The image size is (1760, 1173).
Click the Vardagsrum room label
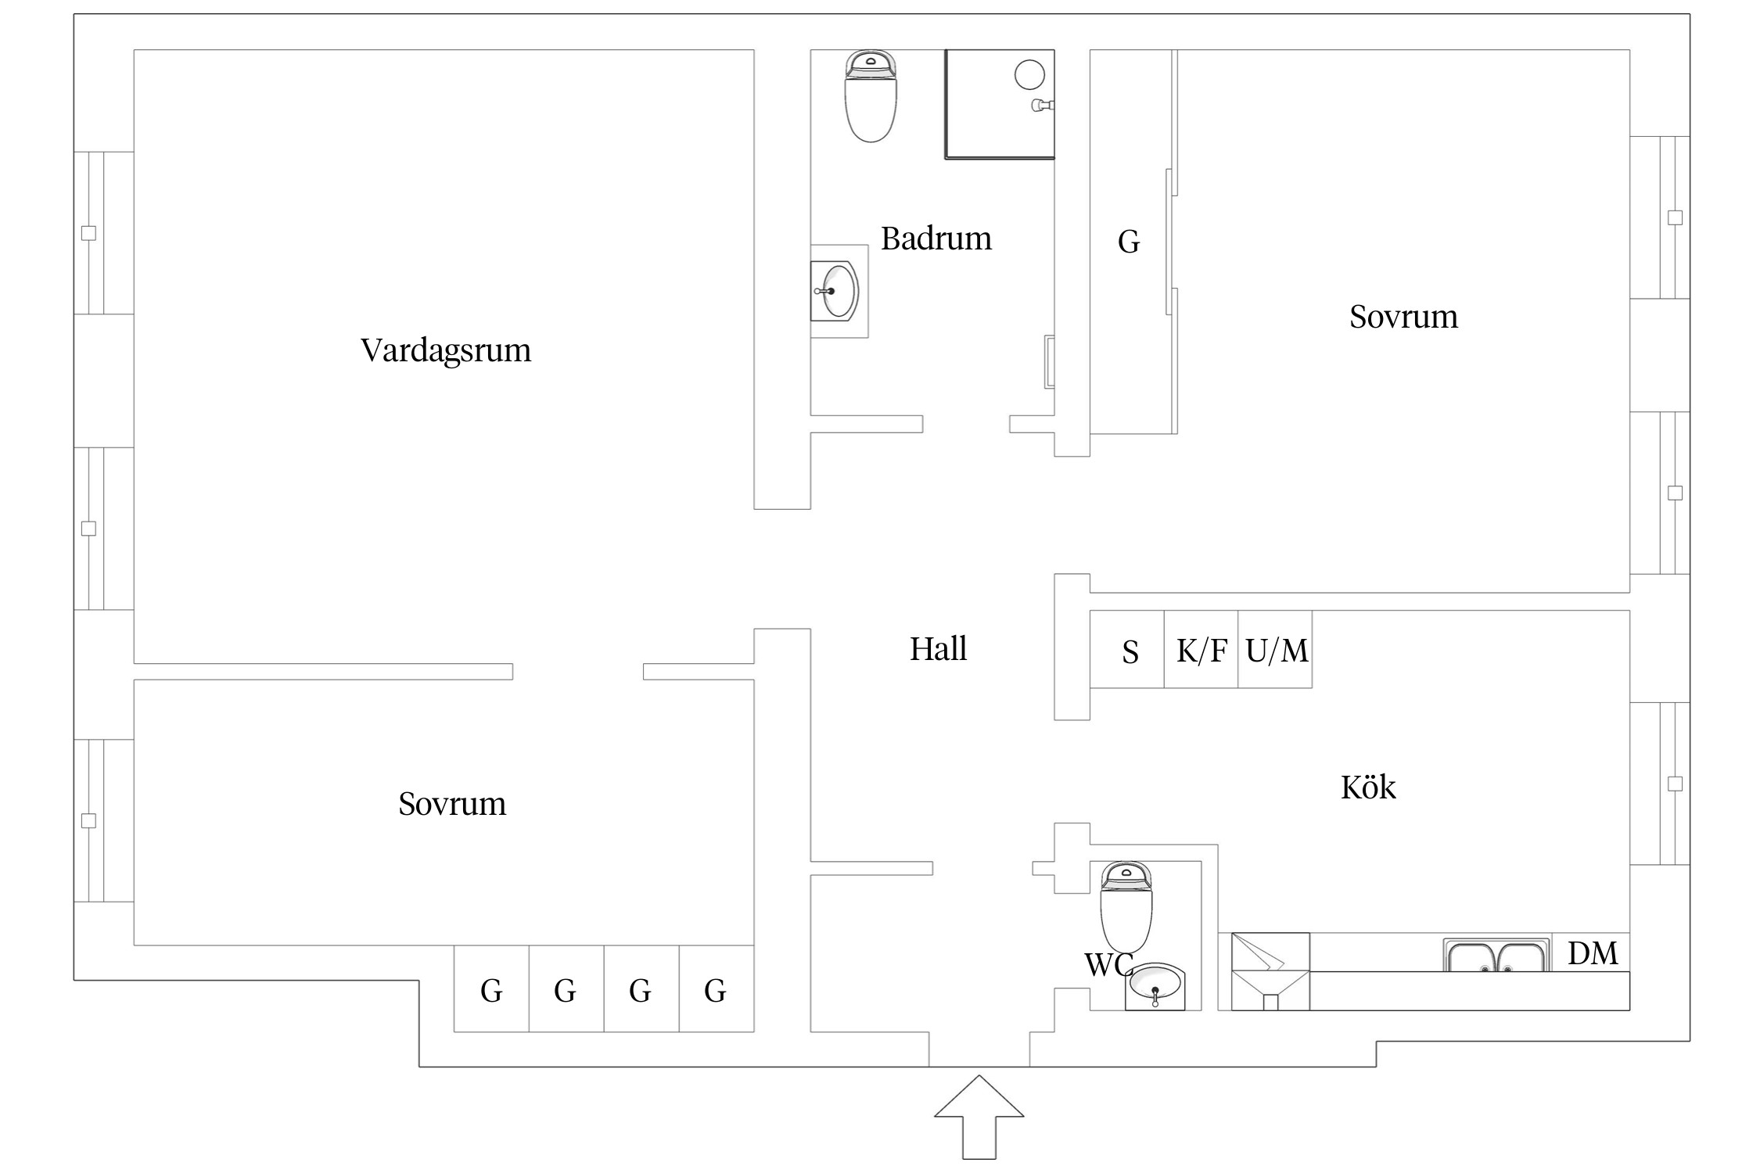[x=445, y=350]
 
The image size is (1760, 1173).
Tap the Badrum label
[x=936, y=239]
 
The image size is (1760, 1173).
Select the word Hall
[x=938, y=649]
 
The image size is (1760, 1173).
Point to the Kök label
[x=1368, y=787]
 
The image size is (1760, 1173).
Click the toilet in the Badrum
[x=870, y=98]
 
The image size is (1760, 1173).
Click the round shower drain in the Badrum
[x=1029, y=75]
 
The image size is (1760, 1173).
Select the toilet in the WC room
[x=1126, y=907]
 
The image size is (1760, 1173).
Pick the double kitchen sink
[x=1496, y=956]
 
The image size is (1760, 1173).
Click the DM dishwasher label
[x=1593, y=953]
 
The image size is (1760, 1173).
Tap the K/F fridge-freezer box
[x=1201, y=650]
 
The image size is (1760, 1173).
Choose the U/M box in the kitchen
[x=1276, y=650]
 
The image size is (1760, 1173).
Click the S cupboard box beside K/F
[x=1129, y=651]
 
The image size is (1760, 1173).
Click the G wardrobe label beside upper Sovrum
[x=1128, y=242]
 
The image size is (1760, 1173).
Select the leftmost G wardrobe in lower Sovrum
[x=491, y=990]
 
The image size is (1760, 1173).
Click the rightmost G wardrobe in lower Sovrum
[x=715, y=990]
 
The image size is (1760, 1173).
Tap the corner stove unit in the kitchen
[x=1270, y=971]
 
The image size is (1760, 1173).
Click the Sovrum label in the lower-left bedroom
[x=452, y=804]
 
